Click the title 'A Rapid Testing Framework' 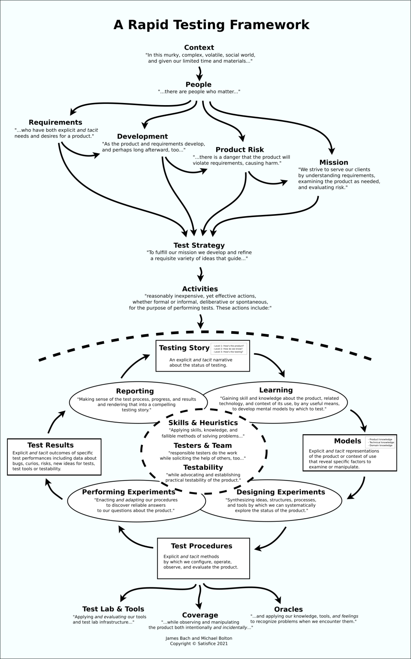(211, 24)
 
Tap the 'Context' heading (199, 48)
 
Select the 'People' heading (198, 85)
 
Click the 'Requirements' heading (55, 123)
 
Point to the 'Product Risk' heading (239, 150)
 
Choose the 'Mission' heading (333, 163)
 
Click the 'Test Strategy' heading (199, 245)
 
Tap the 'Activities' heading (200, 289)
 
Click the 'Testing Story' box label (184, 348)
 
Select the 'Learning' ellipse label (276, 390)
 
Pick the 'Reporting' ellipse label (135, 391)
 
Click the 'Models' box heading (348, 441)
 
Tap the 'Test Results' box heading (51, 445)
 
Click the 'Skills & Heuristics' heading (203, 423)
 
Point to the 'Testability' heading (203, 468)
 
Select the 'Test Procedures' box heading (202, 546)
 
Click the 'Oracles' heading (288, 610)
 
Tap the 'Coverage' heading (200, 615)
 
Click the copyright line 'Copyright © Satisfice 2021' (199, 644)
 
